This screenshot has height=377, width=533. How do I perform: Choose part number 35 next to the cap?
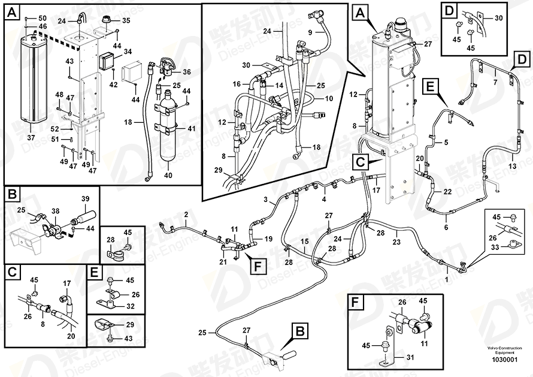[126, 21]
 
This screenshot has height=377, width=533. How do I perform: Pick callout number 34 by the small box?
[127, 53]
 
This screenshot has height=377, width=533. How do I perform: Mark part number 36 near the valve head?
[187, 72]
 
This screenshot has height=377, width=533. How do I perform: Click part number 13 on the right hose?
[512, 165]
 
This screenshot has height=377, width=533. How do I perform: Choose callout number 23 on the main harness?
[396, 242]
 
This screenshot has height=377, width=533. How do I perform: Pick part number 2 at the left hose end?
[186, 215]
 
